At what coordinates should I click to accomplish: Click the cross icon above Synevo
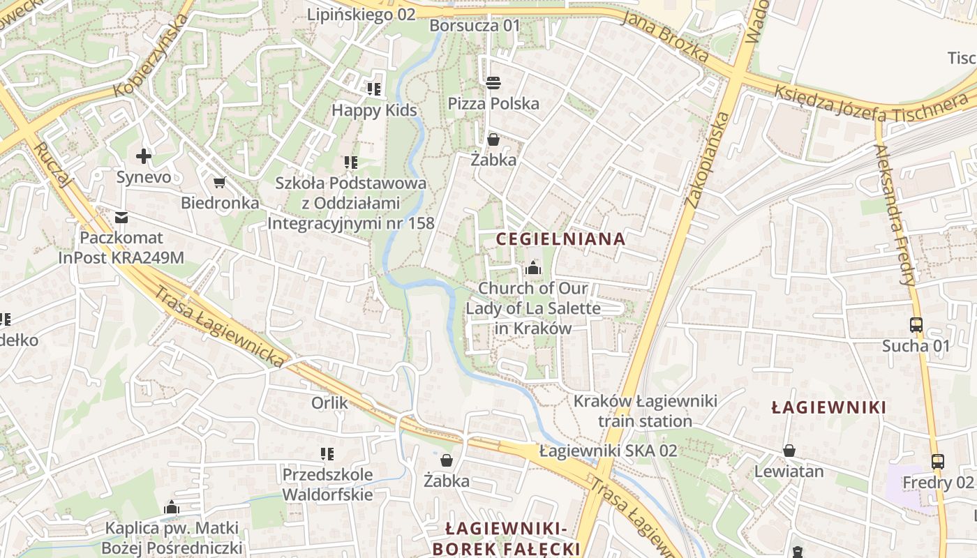[x=144, y=156]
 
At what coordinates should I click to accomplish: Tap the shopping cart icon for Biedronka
[x=220, y=183]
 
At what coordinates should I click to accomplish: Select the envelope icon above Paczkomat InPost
[x=122, y=218]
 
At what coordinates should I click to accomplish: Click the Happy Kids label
[x=374, y=110]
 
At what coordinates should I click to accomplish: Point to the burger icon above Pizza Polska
[x=493, y=83]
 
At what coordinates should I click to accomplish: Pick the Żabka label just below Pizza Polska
[x=493, y=160]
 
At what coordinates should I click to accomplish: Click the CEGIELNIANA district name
[x=560, y=239]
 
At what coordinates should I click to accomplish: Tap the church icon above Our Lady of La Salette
[x=533, y=268]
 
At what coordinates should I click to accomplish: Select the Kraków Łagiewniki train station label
[x=645, y=411]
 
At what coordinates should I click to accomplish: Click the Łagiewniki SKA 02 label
[x=608, y=451]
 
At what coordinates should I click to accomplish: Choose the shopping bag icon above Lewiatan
[x=789, y=451]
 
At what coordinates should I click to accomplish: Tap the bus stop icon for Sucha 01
[x=916, y=325]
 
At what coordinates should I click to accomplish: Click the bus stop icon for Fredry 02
[x=938, y=462]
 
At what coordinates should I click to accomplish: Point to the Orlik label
[x=329, y=402]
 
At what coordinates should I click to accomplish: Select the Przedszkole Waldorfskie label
[x=327, y=484]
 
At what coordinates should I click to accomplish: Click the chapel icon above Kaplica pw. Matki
[x=172, y=507]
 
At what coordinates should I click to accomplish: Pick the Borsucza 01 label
[x=475, y=26]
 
